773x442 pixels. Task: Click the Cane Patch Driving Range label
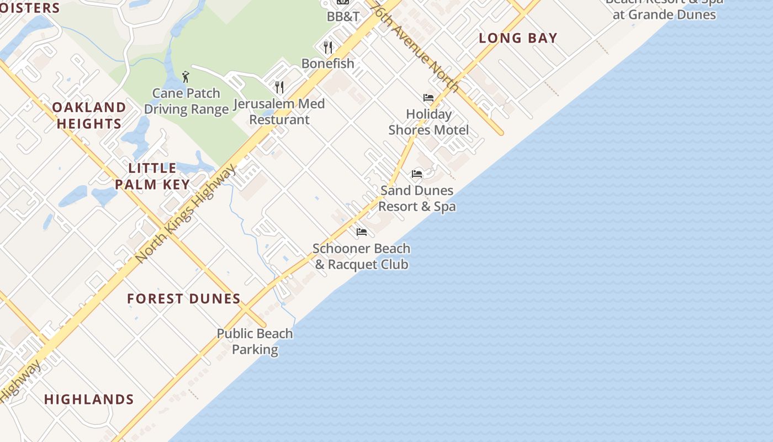pyautogui.click(x=186, y=101)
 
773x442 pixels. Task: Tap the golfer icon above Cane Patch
pyautogui.click(x=186, y=77)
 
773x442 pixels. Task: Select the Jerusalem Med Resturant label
pyautogui.click(x=279, y=112)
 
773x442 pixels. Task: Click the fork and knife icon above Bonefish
pyautogui.click(x=328, y=47)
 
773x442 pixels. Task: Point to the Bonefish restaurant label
pyautogui.click(x=328, y=64)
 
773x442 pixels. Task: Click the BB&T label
pyautogui.click(x=343, y=17)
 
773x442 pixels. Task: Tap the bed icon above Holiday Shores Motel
pyautogui.click(x=428, y=98)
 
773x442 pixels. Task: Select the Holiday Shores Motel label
pyautogui.click(x=428, y=122)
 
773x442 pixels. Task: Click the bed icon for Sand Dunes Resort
pyautogui.click(x=417, y=174)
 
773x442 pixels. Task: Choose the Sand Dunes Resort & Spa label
pyautogui.click(x=417, y=198)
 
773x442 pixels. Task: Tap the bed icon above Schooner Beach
pyautogui.click(x=362, y=232)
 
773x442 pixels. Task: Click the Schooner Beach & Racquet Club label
pyautogui.click(x=362, y=256)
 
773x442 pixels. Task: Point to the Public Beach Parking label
pyautogui.click(x=255, y=341)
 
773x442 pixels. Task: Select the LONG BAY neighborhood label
pyautogui.click(x=518, y=38)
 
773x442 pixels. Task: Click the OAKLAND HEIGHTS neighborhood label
pyautogui.click(x=89, y=115)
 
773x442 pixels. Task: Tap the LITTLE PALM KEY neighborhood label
pyautogui.click(x=152, y=176)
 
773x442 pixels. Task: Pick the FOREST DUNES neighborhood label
pyautogui.click(x=184, y=299)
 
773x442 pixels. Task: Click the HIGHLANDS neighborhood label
pyautogui.click(x=89, y=399)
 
